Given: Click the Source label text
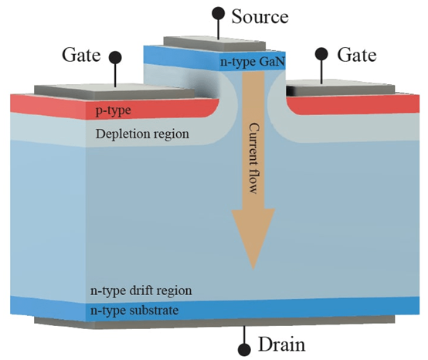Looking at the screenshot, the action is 260,17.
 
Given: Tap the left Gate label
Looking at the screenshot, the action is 81,55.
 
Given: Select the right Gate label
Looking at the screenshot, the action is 357,55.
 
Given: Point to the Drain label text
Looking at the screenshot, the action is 281,345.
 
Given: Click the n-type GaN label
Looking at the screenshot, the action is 253,62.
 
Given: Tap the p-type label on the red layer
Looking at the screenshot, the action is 113,110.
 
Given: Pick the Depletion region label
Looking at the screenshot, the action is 142,134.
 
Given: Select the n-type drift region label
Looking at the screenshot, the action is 141,291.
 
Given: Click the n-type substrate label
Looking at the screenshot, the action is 134,311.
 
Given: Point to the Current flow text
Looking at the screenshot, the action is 254,158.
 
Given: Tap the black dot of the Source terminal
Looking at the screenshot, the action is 218,14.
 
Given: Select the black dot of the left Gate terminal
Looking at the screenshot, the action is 115,58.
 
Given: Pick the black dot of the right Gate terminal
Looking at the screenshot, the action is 321,54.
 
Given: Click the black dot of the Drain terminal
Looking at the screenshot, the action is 244,350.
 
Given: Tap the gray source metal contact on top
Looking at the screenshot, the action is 215,44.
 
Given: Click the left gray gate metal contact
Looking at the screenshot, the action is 114,91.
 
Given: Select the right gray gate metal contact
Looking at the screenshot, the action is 340,87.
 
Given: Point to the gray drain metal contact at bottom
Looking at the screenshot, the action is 215,322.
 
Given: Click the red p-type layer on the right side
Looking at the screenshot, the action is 353,104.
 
